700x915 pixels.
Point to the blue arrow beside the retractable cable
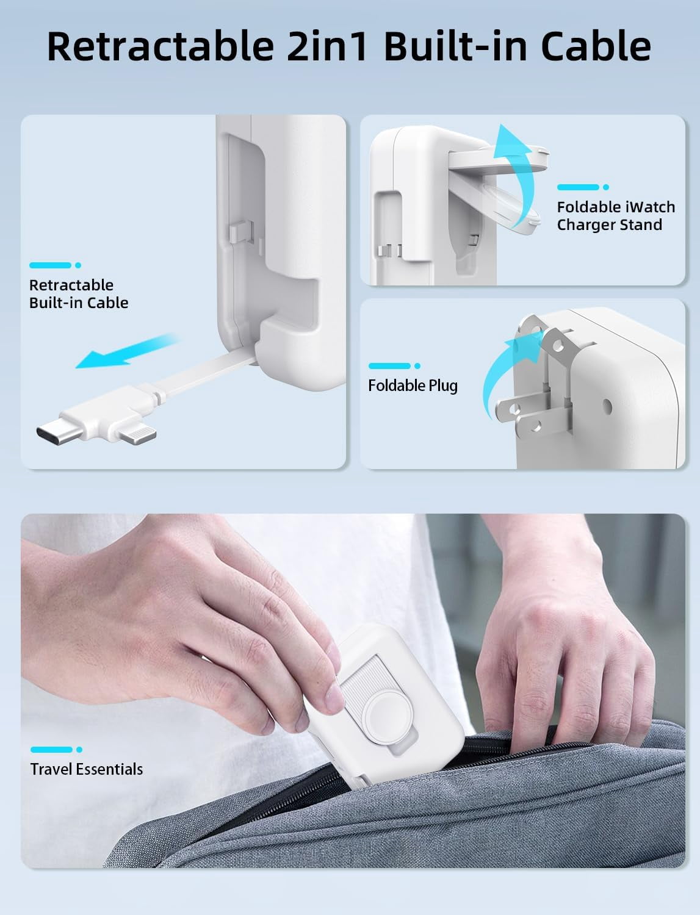click(127, 351)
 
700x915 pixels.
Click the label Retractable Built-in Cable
click(79, 294)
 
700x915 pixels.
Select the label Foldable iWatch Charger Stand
click(616, 216)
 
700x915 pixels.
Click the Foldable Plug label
click(413, 386)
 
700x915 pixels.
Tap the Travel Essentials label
click(87, 769)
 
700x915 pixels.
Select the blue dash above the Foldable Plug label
click(394, 366)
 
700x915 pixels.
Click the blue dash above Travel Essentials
click(56, 750)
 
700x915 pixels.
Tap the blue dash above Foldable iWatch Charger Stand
click(583, 187)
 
